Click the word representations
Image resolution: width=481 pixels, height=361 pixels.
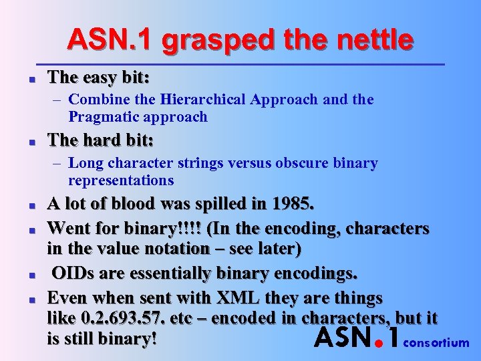click(x=121, y=180)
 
